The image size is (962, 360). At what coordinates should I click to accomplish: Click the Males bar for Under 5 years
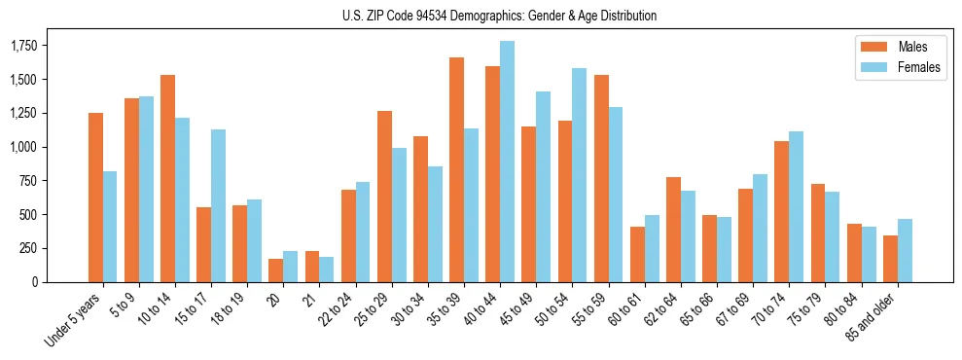click(95, 198)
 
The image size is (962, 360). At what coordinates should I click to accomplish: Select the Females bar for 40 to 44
click(507, 162)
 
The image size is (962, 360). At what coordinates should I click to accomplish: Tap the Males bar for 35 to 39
click(456, 170)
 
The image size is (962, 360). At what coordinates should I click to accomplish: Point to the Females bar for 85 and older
click(905, 250)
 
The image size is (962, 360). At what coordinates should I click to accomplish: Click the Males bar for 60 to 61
click(637, 254)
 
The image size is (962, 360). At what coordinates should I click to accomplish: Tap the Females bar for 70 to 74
click(796, 206)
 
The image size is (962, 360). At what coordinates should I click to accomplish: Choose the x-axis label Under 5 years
click(74, 320)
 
